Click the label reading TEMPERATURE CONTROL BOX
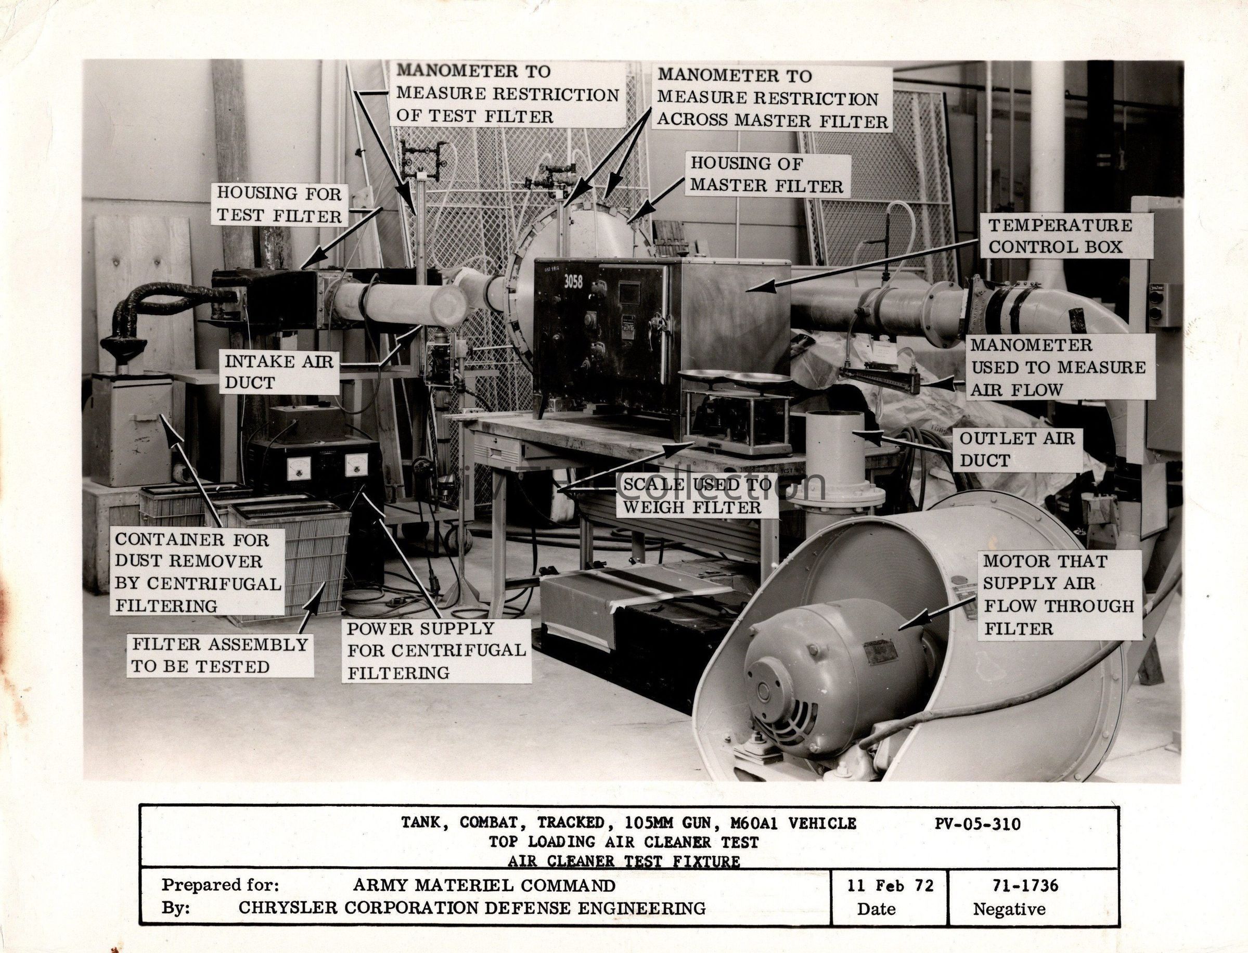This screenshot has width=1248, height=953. pyautogui.click(x=1060, y=236)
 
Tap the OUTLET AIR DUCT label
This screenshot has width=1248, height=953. pyautogui.click(x=1017, y=449)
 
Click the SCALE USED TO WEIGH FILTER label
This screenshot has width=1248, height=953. pyautogui.click(x=697, y=496)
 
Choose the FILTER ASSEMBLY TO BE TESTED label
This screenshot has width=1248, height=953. pyautogui.click(x=220, y=655)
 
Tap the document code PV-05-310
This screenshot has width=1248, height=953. pyautogui.click(x=977, y=823)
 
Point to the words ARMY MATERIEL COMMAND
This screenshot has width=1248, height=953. pyautogui.click(x=484, y=885)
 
